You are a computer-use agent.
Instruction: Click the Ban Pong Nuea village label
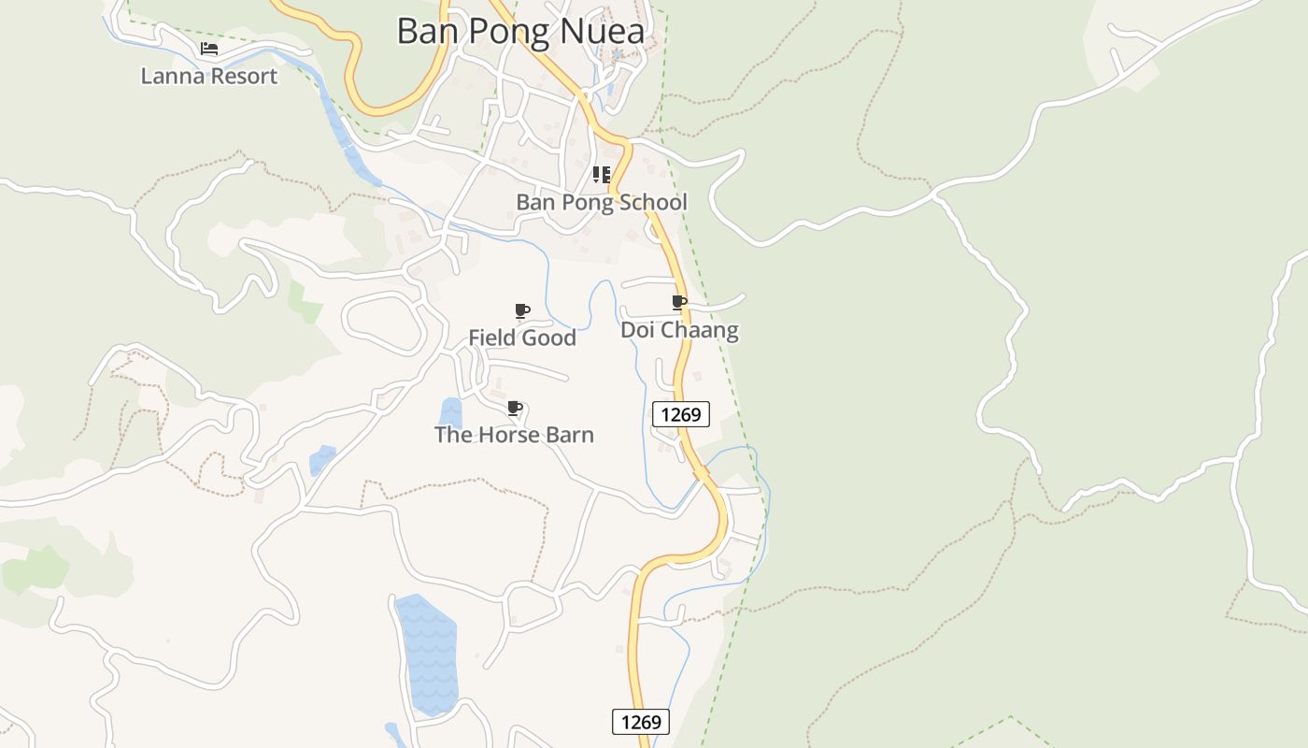tap(520, 31)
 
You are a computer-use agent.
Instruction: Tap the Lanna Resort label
tap(208, 76)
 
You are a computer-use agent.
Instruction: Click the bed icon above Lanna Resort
tap(209, 49)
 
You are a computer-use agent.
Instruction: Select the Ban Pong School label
tap(602, 202)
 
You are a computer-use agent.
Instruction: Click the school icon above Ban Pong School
tap(602, 174)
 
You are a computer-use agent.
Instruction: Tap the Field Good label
tap(521, 338)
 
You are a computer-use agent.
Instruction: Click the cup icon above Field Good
tap(521, 310)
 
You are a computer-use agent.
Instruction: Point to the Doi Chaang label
tap(679, 330)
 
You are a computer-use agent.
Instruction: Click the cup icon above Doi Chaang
tap(679, 302)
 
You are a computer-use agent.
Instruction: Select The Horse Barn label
tap(514, 435)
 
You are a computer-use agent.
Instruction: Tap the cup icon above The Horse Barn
tap(514, 408)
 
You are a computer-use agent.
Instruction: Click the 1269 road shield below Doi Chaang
tap(681, 413)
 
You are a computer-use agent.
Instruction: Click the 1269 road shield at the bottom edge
tap(641, 722)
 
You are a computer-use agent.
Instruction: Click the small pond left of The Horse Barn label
tap(451, 412)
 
